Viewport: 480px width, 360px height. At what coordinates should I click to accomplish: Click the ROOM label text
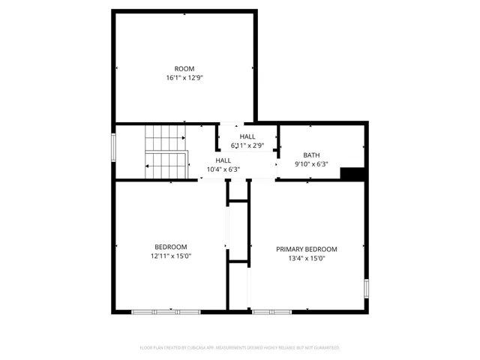click(x=184, y=68)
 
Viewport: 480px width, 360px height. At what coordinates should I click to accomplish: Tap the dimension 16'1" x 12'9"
click(x=184, y=77)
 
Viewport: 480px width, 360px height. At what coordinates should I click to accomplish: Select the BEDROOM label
click(x=171, y=247)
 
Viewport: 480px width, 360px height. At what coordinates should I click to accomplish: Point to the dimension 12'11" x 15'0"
click(x=171, y=256)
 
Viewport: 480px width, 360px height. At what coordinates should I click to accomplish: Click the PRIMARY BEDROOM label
click(x=306, y=249)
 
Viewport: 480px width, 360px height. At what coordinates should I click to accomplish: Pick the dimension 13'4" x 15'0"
click(x=306, y=258)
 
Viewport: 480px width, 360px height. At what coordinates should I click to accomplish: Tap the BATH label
click(x=311, y=154)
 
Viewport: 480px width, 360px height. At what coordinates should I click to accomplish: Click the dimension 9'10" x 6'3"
click(x=311, y=163)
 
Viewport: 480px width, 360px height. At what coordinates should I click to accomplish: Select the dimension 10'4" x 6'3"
click(x=223, y=169)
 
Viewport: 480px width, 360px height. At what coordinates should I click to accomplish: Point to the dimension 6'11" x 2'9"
click(x=247, y=145)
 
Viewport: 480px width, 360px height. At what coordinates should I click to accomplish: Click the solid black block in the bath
click(x=352, y=174)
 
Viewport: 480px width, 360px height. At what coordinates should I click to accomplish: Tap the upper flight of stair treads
click(x=165, y=137)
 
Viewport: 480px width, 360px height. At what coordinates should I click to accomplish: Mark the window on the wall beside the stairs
click(x=114, y=145)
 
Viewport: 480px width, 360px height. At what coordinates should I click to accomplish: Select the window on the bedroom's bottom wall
click(x=165, y=311)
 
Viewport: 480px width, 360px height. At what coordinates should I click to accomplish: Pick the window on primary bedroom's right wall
click(x=366, y=289)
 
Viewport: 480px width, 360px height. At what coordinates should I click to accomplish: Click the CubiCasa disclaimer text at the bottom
click(x=240, y=347)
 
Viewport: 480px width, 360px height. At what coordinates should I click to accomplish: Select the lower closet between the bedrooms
click(x=238, y=285)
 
